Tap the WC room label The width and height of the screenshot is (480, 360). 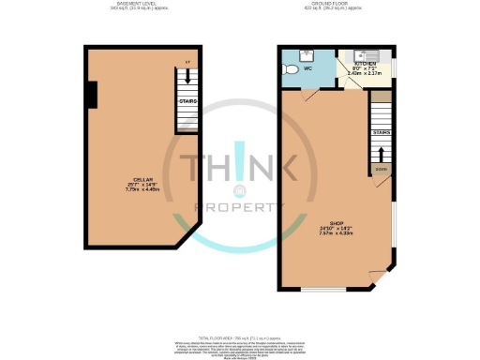coord(306,68)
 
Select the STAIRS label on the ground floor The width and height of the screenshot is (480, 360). coord(382,132)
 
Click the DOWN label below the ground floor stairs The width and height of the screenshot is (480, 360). coord(381,170)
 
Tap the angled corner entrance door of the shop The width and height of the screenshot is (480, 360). coord(379,278)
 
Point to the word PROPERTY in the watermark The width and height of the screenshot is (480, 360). coord(240,206)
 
